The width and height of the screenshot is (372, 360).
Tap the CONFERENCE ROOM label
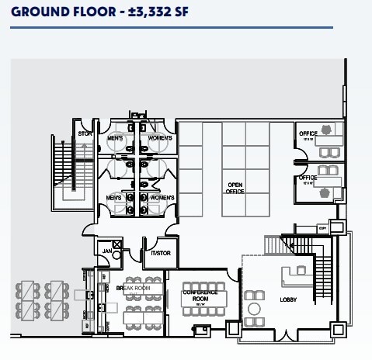click(197, 295)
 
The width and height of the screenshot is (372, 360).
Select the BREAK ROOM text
click(130, 288)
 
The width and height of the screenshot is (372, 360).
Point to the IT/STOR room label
click(161, 253)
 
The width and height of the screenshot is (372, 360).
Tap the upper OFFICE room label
click(308, 133)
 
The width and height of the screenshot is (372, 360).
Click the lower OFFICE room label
click(308, 178)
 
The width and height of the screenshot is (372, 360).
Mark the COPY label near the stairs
click(322, 228)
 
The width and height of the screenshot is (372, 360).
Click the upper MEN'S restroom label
click(116, 138)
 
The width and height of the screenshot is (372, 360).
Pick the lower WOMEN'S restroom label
click(162, 199)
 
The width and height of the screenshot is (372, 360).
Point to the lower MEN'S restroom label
click(116, 199)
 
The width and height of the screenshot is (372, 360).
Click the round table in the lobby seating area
click(253, 308)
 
